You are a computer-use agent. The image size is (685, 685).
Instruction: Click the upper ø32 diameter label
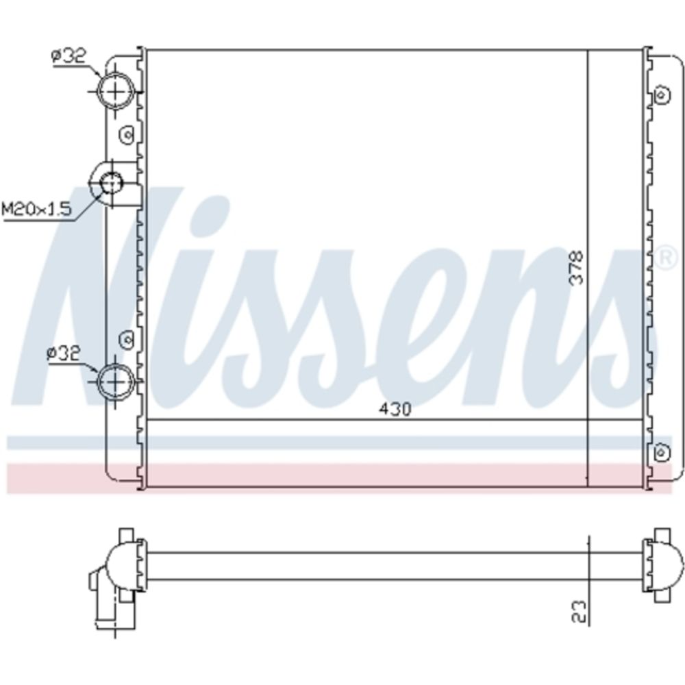pos(69,58)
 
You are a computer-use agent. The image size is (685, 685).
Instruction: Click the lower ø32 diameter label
pos(64,353)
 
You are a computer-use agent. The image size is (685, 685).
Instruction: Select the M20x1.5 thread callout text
pos(37,209)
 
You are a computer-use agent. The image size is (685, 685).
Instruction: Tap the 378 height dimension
pos(577,267)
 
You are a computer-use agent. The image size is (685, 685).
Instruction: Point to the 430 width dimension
pos(395,410)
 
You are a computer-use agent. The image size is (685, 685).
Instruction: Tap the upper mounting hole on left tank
pos(127,134)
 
